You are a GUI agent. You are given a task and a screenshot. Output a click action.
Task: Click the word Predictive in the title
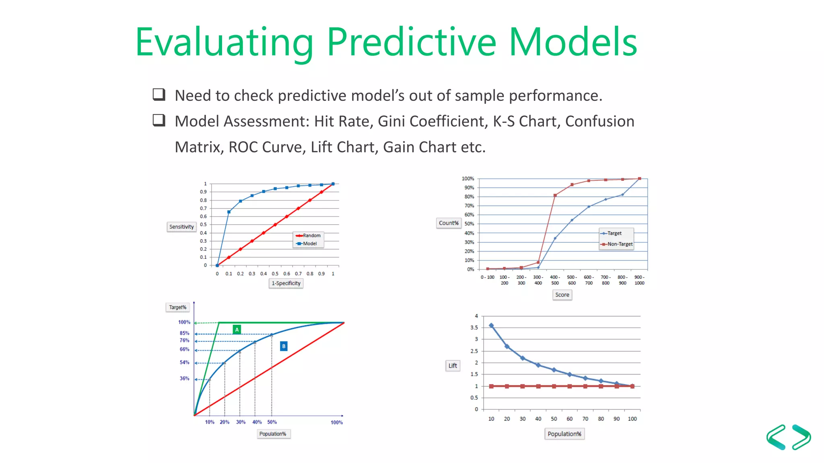coord(411,42)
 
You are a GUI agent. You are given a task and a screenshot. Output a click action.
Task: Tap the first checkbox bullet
coord(159,94)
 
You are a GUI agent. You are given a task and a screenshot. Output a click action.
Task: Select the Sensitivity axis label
coord(181,227)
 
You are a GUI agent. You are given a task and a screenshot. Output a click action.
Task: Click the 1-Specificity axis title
coord(286,283)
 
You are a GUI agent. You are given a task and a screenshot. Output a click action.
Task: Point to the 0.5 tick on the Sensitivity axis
coord(204,225)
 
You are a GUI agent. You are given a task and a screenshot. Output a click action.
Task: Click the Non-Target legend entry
coord(619,244)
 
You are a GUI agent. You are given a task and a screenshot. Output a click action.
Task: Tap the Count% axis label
coord(449,223)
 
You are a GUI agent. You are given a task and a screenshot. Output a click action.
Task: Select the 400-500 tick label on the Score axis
coord(555,280)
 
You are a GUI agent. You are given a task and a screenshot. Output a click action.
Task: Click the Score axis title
coord(562,295)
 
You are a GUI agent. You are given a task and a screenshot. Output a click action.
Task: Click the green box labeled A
coord(237,330)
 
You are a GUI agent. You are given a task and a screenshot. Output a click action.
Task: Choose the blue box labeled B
coord(284,346)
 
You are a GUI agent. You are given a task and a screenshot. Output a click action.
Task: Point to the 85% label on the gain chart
coord(184,333)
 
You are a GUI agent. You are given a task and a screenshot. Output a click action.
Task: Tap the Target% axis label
coord(177,307)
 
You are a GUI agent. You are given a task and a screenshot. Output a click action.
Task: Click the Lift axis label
coord(453,366)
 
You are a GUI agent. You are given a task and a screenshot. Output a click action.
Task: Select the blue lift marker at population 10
coord(491,326)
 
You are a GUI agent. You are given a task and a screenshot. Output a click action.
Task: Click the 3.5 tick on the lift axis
coord(474,328)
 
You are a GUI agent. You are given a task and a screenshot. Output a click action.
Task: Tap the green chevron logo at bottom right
coord(788,437)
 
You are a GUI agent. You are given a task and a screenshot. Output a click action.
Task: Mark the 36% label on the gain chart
coord(184,379)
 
